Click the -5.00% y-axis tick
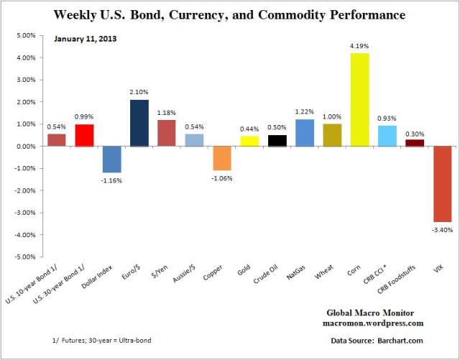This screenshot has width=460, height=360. (x=24, y=257)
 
